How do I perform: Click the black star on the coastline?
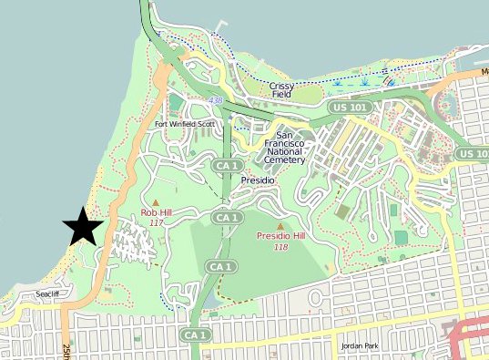coord(83,226)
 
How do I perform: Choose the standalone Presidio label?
coord(258,180)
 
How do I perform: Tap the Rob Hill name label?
coord(156,212)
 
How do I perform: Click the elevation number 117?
coord(156,222)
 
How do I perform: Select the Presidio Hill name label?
coord(280,236)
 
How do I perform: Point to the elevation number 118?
coord(280,247)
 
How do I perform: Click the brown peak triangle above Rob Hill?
coord(156,202)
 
